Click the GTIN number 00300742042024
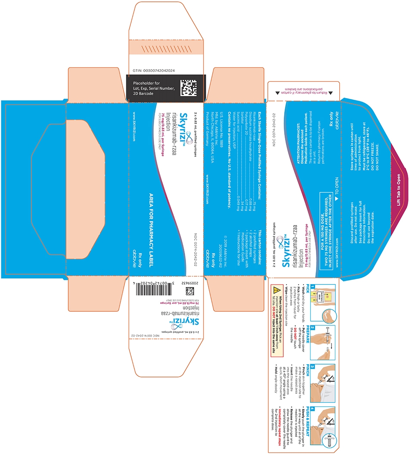pyautogui.click(x=155, y=70)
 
